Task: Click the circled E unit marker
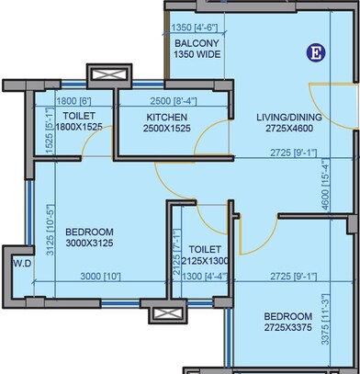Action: pyautogui.click(x=314, y=52)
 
